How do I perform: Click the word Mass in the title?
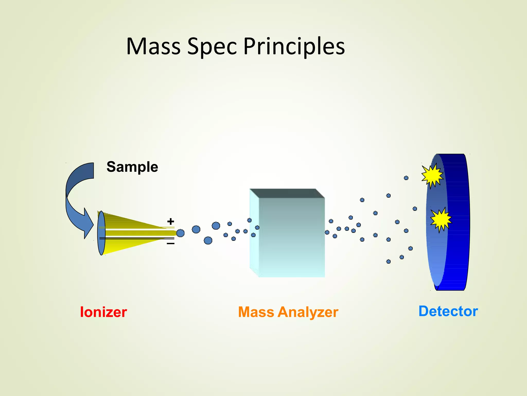pos(153,46)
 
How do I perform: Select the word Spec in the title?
pos(212,46)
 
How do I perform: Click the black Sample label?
pos(132,167)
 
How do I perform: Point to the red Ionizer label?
pos(103,312)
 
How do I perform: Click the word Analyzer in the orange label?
pos(308,312)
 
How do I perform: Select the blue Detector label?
pos(448,311)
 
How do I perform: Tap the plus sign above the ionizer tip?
pos(171,221)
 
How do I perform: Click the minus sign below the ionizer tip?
pos(171,243)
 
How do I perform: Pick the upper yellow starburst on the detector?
pos(432,176)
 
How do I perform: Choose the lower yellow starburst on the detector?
pos(441,220)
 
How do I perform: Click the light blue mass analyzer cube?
pos(291,240)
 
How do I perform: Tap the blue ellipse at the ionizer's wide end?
pos(101,233)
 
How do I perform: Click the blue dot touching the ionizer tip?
pos(180,233)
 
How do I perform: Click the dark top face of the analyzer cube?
pos(287,193)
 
